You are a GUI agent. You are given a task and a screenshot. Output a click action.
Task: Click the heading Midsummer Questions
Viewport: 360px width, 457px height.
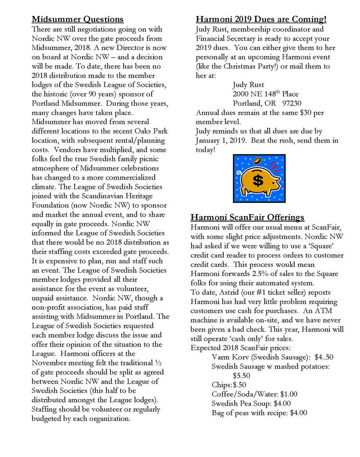pyautogui.click(x=77, y=19)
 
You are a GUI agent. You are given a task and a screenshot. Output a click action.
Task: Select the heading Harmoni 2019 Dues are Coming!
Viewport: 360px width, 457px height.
pyautogui.click(x=261, y=19)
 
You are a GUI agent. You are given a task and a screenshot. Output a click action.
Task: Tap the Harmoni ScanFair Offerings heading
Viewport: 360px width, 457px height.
pyautogui.click(x=248, y=217)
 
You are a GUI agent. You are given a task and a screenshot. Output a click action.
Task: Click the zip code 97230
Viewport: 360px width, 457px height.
pyautogui.click(x=289, y=103)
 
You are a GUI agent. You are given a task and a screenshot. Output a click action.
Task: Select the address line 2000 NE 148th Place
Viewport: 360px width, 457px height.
pyautogui.click(x=265, y=94)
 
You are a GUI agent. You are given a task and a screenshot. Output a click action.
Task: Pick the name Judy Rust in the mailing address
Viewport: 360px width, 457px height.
pyautogui.click(x=249, y=84)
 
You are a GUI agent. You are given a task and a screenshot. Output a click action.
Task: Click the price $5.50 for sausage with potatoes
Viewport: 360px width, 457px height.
pyautogui.click(x=241, y=375)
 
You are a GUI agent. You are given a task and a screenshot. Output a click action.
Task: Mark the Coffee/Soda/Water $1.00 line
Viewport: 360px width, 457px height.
pyautogui.click(x=254, y=394)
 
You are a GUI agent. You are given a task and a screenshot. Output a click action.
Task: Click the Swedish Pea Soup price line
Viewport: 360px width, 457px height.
pyautogui.click(x=251, y=403)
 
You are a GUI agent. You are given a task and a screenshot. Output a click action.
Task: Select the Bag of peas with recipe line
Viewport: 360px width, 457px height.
pyautogui.click(x=259, y=413)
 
